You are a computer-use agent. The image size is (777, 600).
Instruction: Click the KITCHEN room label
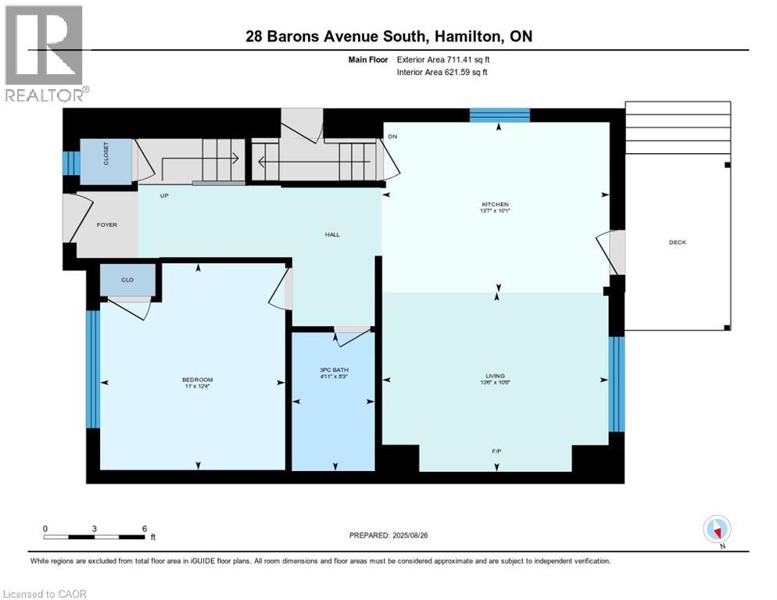[x=495, y=206]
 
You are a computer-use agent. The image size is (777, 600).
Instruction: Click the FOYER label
[x=106, y=225]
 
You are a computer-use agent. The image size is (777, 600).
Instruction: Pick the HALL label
[x=333, y=234]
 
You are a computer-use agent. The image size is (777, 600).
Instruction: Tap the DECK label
[x=677, y=242]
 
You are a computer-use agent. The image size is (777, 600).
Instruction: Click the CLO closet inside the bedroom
[x=127, y=280]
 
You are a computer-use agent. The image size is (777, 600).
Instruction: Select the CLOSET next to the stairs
[x=106, y=161]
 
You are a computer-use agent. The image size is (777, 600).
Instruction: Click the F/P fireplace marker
[x=496, y=451]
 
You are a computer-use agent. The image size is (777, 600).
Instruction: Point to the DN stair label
[x=392, y=137]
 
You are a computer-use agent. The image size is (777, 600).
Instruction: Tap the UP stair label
[x=164, y=195]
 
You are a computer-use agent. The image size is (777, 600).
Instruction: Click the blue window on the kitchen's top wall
[x=499, y=116]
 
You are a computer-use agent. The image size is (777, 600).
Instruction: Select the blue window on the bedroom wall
[x=93, y=370]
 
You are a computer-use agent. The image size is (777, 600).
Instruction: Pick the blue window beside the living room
[x=617, y=384]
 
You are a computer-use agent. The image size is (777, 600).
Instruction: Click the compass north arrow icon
[x=717, y=530]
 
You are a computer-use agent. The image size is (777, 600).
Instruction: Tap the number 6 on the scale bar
[x=145, y=528]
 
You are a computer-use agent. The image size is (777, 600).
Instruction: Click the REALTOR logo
[x=45, y=53]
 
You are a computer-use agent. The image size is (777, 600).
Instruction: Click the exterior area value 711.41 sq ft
[x=464, y=59]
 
